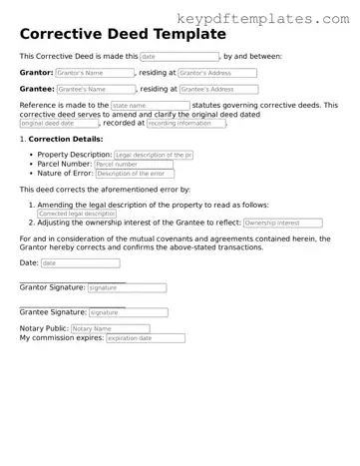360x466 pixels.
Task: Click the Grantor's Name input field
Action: (94, 73)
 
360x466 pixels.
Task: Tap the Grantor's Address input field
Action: (216, 73)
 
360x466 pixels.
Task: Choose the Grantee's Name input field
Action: (95, 89)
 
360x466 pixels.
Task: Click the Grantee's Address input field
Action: (218, 89)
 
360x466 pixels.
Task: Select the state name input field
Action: (150, 105)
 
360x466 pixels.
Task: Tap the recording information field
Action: (184, 123)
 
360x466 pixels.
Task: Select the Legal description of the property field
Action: (154, 156)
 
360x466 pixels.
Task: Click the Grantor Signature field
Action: (127, 287)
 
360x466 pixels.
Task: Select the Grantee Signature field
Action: (128, 312)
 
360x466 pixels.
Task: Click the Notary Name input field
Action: (110, 328)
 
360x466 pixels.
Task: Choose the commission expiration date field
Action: (144, 338)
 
